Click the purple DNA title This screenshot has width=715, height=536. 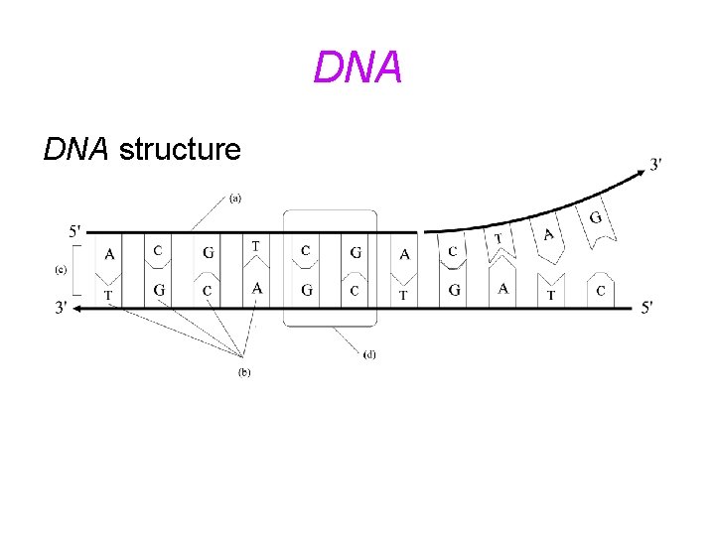[357, 67]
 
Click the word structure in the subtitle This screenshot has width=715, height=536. [179, 150]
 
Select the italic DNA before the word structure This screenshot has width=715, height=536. [76, 150]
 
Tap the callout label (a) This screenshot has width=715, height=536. [235, 198]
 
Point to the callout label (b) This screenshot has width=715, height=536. [243, 372]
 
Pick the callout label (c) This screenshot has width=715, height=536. [61, 269]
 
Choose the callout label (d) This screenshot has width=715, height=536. [369, 352]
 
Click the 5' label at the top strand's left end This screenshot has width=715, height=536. [75, 231]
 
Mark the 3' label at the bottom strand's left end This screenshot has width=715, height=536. [63, 308]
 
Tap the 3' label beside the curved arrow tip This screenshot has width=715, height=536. [657, 164]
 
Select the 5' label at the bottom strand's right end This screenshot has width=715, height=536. [646, 308]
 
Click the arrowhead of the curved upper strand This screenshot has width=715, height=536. [636, 173]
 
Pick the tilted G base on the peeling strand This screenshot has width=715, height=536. [596, 218]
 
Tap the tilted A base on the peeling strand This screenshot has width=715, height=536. [548, 234]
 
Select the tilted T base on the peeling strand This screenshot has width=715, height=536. [499, 238]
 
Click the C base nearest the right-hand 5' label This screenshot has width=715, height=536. [600, 291]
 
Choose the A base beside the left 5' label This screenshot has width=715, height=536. [108, 254]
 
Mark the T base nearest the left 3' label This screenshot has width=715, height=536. [108, 295]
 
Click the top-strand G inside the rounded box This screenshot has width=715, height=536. [356, 252]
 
